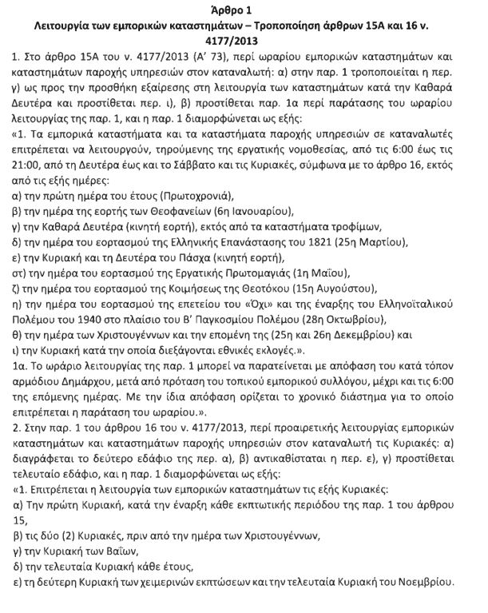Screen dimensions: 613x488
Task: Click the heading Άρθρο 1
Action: (244, 10)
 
